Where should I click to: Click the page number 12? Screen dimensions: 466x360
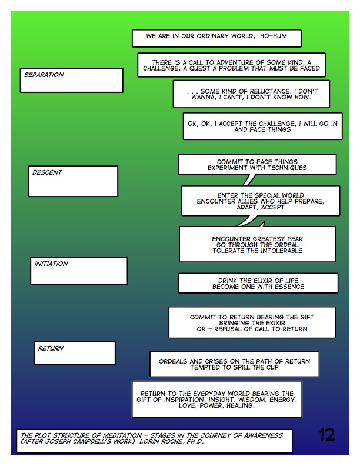(x=327, y=435)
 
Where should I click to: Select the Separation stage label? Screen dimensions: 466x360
(x=44, y=75)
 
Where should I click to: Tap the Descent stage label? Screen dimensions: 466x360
(x=48, y=173)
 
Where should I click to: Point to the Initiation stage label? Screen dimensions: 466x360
(x=51, y=264)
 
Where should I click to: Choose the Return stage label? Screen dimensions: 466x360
(x=51, y=348)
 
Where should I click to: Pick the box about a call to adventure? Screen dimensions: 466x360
(x=231, y=65)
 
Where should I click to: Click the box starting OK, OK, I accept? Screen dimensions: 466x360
(x=262, y=126)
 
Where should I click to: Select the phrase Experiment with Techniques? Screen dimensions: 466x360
(x=257, y=168)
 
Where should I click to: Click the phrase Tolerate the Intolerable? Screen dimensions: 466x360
(x=257, y=251)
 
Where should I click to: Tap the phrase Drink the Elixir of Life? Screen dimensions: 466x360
(x=258, y=280)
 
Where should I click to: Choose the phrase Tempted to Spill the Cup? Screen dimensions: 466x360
(x=234, y=367)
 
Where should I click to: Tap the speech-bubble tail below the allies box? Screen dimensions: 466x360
(x=248, y=221)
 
